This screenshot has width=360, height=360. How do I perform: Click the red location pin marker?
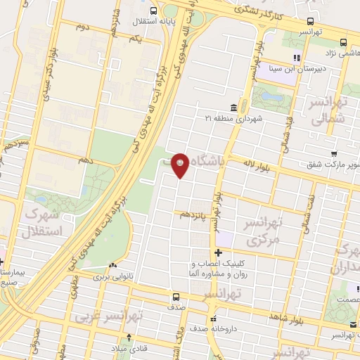click(181, 165)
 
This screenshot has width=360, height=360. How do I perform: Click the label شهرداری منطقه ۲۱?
click(234, 117)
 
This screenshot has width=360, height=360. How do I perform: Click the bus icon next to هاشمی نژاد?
click(343, 41)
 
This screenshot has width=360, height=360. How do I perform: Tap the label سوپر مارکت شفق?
click(328, 165)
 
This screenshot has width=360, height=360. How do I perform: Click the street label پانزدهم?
click(193, 212)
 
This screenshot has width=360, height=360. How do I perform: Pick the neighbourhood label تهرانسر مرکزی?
click(262, 231)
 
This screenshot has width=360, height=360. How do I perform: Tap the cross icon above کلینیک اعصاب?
click(219, 252)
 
